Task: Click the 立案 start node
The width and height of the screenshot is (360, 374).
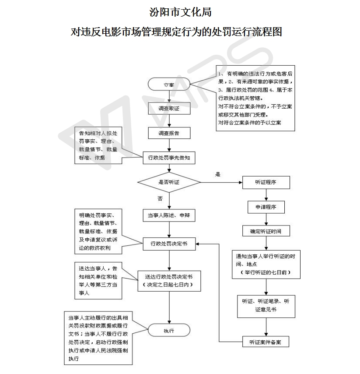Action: pos(169,84)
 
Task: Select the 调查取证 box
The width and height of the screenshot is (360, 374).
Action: pos(169,108)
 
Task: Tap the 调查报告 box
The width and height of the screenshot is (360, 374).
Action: pos(169,133)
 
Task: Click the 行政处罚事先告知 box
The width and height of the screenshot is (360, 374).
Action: pos(169,158)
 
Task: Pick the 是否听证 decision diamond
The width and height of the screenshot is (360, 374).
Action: pos(169,182)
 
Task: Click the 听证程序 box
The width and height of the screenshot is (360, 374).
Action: pos(266,183)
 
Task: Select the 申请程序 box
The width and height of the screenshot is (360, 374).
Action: pos(266,207)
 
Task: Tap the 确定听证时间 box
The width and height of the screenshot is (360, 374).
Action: pos(266,231)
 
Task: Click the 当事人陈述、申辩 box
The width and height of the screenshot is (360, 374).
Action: pos(169,215)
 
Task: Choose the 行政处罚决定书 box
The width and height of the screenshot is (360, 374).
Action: pos(169,244)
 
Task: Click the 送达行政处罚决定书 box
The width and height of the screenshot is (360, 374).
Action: pos(169,281)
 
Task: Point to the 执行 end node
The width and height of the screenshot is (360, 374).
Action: pos(169,331)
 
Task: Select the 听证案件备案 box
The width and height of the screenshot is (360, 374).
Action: pos(266,342)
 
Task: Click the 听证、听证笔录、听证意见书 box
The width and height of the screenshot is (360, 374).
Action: pos(266,306)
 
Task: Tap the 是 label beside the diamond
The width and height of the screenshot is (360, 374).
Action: pos(218,174)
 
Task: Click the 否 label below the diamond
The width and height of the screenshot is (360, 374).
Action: pos(160,199)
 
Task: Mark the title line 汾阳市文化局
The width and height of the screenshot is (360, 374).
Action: pos(180,12)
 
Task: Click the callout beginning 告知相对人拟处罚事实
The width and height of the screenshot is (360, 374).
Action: pos(98,145)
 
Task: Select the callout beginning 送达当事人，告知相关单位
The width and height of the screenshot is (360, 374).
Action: pos(98,281)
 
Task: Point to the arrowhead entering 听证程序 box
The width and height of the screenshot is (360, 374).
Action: pos(241,183)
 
